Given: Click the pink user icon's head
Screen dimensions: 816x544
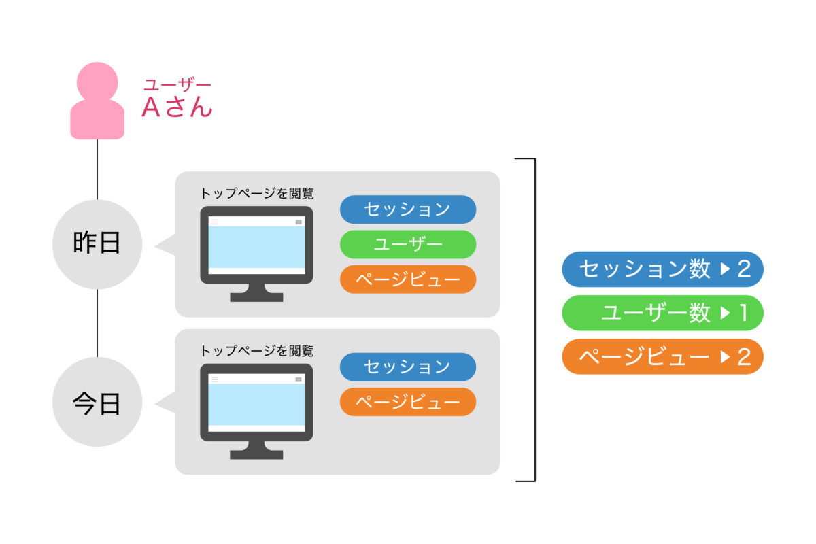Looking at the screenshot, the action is tap(97, 82).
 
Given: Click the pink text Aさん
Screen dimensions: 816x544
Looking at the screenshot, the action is tap(177, 107).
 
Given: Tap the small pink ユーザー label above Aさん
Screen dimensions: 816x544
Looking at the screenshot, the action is tap(177, 84).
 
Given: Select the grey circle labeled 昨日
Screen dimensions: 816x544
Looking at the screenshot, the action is tap(97, 244).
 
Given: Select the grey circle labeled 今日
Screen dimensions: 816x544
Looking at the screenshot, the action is tap(97, 402).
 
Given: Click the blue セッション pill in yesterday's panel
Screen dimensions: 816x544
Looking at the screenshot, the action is tap(408, 209).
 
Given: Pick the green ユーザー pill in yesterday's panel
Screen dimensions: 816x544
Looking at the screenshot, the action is tap(408, 245).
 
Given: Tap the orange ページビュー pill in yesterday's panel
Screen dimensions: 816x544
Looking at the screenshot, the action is tap(408, 279).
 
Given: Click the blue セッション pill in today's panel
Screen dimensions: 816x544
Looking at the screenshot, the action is tap(408, 367).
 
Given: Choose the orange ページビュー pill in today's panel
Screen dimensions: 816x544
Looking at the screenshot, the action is tap(408, 402).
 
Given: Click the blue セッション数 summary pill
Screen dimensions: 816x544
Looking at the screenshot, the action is tap(662, 269).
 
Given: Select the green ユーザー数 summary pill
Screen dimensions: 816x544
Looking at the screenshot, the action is tap(662, 313).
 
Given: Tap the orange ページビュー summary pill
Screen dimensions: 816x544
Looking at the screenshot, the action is tap(662, 357).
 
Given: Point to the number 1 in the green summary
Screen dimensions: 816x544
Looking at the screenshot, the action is tap(744, 313).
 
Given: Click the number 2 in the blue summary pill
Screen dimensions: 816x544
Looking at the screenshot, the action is tap(744, 269).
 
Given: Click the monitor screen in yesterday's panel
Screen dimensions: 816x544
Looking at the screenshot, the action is tap(256, 245).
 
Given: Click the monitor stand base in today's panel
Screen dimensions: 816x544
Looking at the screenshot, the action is tap(256, 454).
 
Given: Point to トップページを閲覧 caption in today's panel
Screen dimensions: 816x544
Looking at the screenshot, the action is tap(257, 351).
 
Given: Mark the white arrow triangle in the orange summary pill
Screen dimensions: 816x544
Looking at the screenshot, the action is tap(725, 357).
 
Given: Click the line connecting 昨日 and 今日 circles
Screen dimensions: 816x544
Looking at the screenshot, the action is tap(97, 323).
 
